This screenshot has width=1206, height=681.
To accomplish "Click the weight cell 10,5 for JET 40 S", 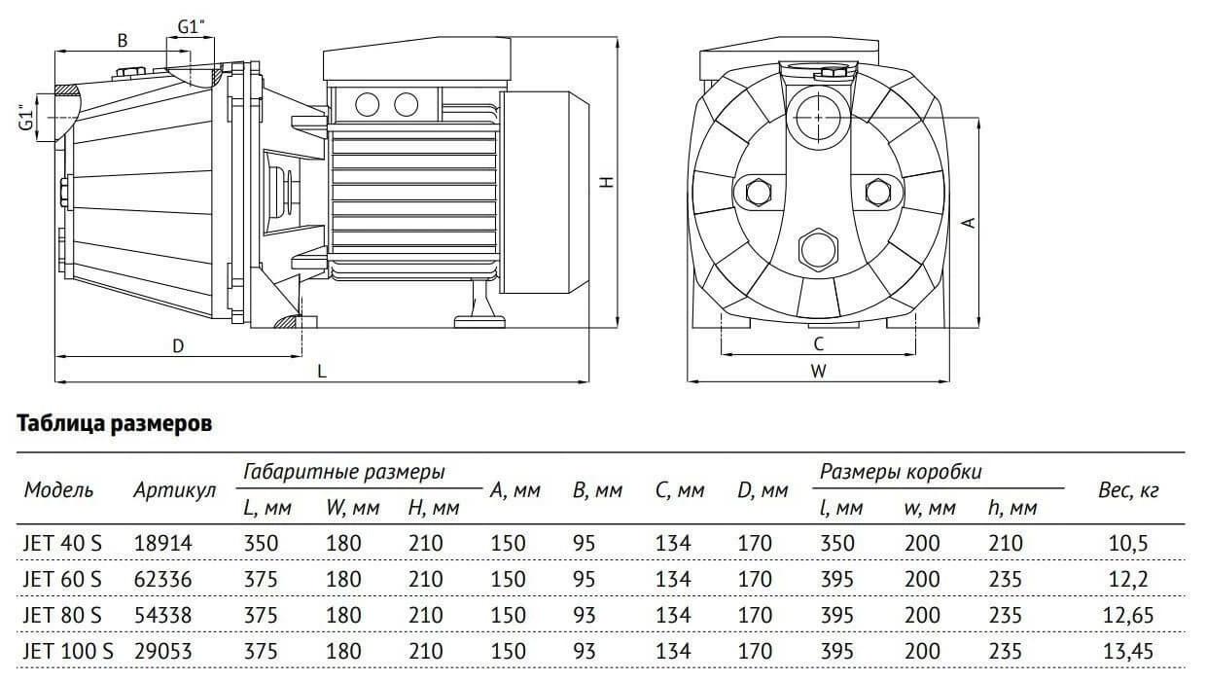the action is [1128, 543].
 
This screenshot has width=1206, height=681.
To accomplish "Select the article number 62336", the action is [162, 579].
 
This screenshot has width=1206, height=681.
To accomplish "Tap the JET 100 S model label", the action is [68, 652].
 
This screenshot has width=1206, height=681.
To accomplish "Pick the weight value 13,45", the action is [1128, 652].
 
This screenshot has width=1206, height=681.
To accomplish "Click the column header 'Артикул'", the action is [174, 490].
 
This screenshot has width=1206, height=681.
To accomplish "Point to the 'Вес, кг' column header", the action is [1128, 490].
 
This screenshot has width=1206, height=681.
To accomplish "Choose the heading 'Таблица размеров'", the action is [114, 423].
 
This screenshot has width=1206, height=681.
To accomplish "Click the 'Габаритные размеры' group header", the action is [344, 472].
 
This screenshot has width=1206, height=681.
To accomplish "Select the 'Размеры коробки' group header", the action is [901, 472].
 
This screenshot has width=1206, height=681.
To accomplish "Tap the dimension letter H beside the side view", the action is [607, 182].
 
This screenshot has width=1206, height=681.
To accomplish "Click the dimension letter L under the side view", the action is [321, 371].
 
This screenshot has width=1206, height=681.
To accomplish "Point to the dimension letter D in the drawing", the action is [178, 346].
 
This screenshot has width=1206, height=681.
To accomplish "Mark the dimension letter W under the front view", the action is [818, 371].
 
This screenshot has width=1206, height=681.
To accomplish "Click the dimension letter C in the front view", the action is [818, 344].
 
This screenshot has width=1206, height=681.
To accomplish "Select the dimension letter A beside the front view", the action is [969, 223].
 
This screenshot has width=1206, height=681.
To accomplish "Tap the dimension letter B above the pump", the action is [123, 41].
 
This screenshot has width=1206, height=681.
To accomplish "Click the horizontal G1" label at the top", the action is [192, 27].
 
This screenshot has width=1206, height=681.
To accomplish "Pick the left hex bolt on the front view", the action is [759, 192].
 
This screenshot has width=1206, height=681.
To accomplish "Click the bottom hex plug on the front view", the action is [818, 250].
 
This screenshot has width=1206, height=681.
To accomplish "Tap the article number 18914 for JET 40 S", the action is [162, 543].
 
